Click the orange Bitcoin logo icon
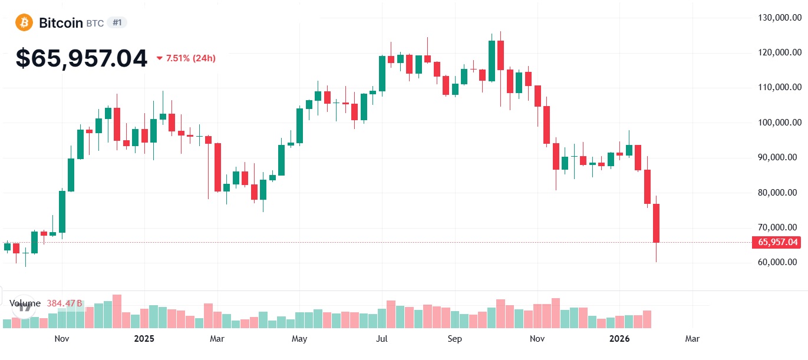(24, 23)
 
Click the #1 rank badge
(117, 23)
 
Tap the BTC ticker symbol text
(95, 24)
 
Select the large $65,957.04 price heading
(81, 58)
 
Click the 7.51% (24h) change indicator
(186, 58)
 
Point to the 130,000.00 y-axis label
(779, 18)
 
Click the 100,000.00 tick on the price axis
(779, 123)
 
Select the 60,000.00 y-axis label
(779, 262)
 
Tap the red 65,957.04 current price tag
(778, 242)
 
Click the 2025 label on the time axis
(144, 339)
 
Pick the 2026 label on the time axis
(619, 339)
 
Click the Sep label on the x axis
(454, 339)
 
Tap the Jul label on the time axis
(381, 339)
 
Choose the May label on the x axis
(299, 339)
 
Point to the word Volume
(25, 303)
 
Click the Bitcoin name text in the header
(61, 23)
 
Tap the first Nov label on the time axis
(62, 339)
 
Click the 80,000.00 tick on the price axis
(779, 193)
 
